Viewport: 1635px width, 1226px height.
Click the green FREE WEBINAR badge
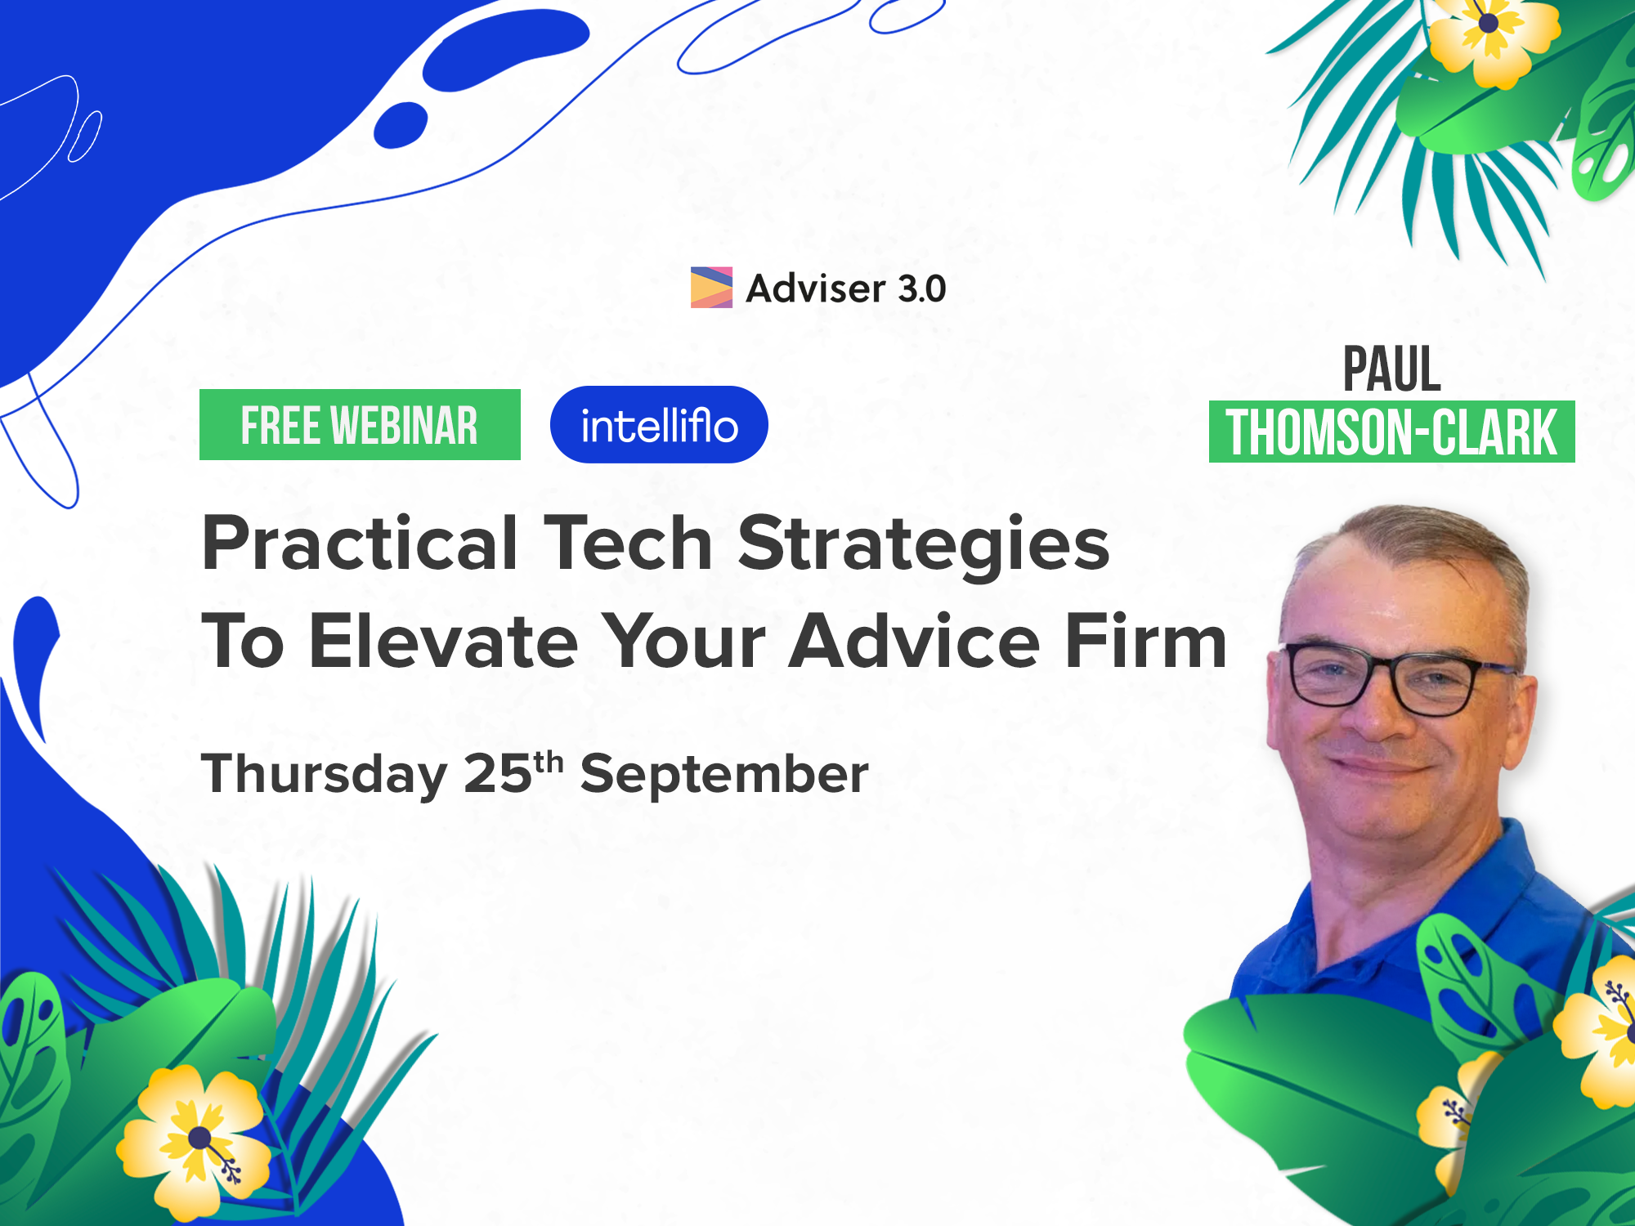pos(360,424)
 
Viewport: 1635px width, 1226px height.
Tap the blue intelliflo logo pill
pos(659,424)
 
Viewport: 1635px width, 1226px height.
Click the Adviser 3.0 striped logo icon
pos(711,288)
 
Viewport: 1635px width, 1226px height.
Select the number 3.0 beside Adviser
pos(922,289)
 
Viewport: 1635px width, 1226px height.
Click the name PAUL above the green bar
pos(1392,369)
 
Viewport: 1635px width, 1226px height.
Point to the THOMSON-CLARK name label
pos(1391,432)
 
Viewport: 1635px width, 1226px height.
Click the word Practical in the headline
pos(360,544)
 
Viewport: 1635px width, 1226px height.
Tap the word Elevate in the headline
pos(445,642)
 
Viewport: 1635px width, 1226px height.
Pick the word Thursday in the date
pos(325,775)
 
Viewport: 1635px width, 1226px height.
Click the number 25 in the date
pos(498,773)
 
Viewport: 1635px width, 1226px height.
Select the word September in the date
pos(724,775)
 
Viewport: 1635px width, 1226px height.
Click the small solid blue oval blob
pos(401,125)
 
